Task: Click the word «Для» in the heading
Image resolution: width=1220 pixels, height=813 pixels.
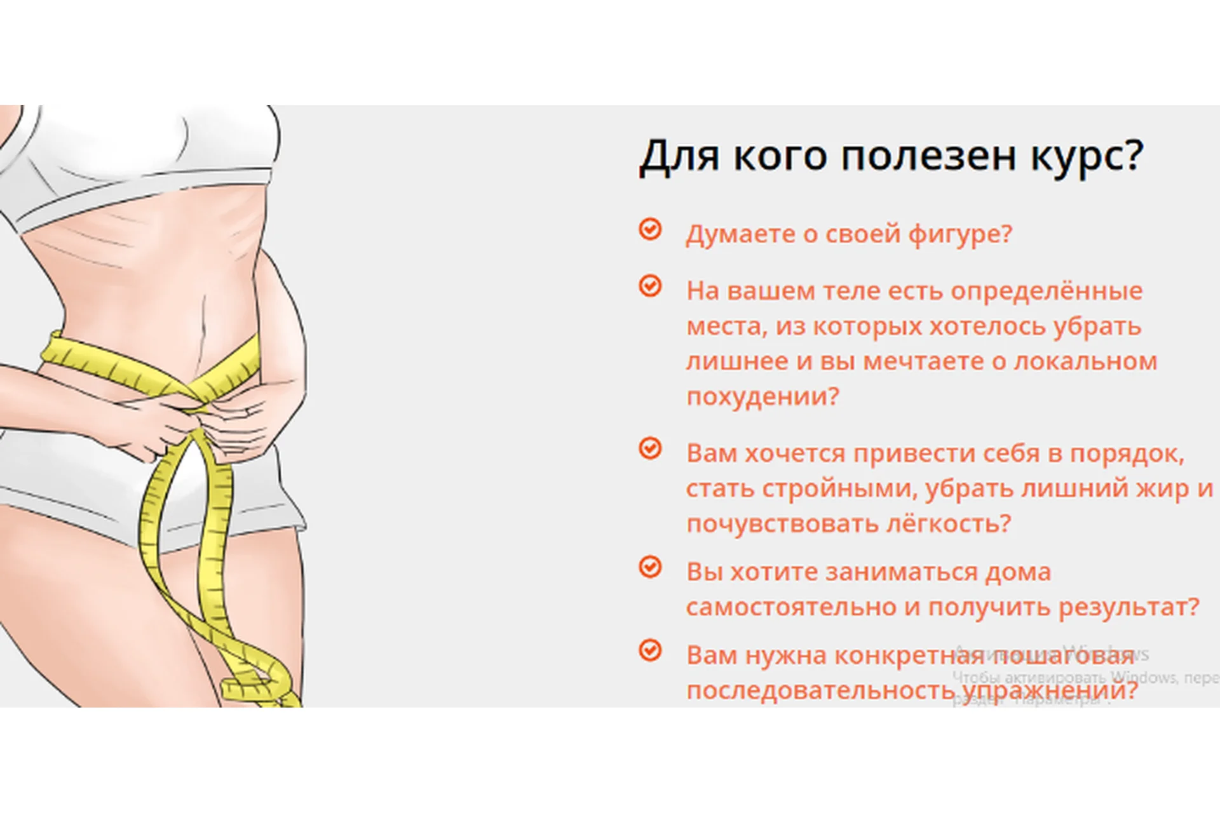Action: pos(679,156)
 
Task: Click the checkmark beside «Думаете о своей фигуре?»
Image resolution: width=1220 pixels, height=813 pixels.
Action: pos(650,229)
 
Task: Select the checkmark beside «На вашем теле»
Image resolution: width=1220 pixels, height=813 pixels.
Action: pos(650,286)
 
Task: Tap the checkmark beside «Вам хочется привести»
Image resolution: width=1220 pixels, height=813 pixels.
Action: pos(650,448)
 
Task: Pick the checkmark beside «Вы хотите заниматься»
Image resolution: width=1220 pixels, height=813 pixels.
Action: pos(650,567)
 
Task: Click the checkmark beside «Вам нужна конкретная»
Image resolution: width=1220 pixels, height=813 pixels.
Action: pos(650,650)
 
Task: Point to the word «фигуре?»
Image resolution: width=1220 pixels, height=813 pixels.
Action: pos(959,234)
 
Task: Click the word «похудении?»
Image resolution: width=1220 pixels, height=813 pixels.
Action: pos(762,396)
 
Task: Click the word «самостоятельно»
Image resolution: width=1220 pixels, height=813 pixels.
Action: pos(792,607)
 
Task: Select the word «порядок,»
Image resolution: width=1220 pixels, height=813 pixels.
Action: pos(1127,454)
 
